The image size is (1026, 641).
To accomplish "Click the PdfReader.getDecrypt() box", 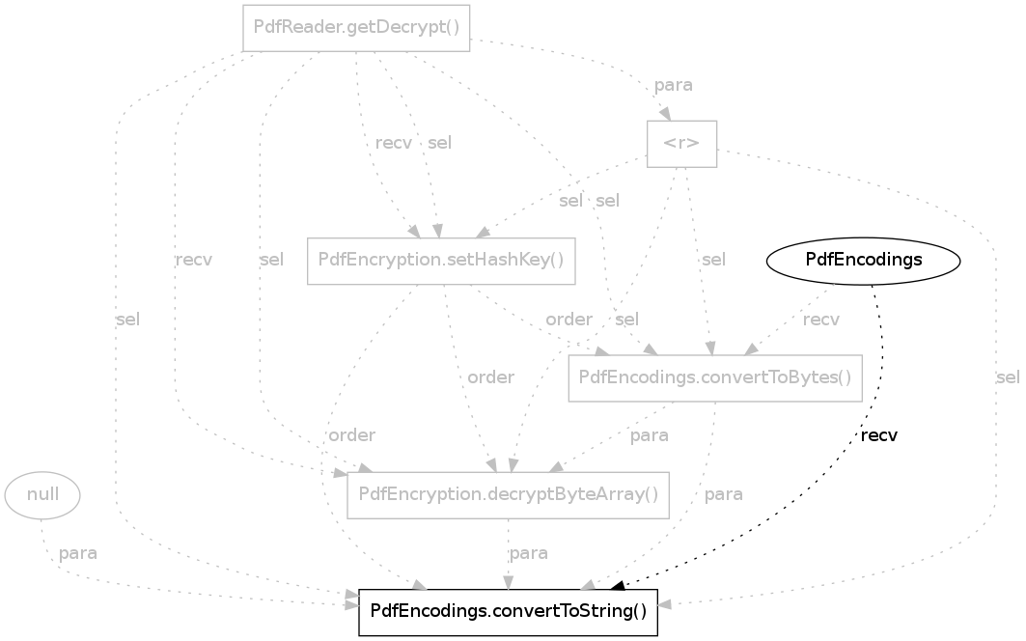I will pyautogui.click(x=356, y=28).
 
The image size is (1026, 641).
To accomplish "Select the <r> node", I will pyautogui.click(x=681, y=144).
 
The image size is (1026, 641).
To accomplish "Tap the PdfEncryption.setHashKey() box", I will pyautogui.click(x=441, y=261).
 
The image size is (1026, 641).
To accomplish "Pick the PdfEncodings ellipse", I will pyautogui.click(x=863, y=260).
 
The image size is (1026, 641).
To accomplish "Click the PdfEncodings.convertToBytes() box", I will pyautogui.click(x=714, y=378).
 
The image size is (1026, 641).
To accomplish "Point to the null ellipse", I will pyautogui.click(x=42, y=495).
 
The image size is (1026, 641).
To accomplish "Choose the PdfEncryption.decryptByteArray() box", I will pyautogui.click(x=508, y=495).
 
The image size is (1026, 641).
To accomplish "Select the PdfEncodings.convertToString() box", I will pyautogui.click(x=508, y=613).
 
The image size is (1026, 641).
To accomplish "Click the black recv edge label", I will pyautogui.click(x=878, y=435).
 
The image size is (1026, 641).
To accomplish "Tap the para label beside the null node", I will pyautogui.click(x=77, y=554).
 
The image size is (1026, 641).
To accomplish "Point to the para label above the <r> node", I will pyautogui.click(x=673, y=85).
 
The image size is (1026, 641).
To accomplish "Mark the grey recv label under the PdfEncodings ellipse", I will pyautogui.click(x=820, y=320).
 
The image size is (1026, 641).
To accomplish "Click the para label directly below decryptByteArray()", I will pyautogui.click(x=528, y=553).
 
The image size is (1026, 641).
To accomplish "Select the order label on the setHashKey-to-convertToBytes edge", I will pyautogui.click(x=568, y=320).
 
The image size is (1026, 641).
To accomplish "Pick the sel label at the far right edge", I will pyautogui.click(x=1006, y=377).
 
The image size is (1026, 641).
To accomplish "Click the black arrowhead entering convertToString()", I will pyautogui.click(x=618, y=583).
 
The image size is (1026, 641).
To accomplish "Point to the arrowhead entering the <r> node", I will pyautogui.click(x=665, y=114).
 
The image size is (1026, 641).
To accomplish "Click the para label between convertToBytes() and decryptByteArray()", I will pyautogui.click(x=649, y=436).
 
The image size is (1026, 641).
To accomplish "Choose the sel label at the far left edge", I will pyautogui.click(x=126, y=320).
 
